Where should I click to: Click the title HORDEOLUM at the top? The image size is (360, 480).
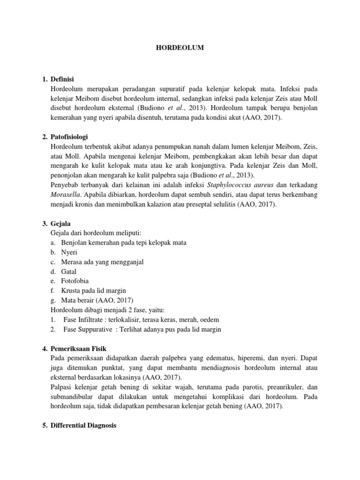pyautogui.click(x=180, y=48)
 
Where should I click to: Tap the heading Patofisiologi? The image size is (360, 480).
pyautogui.click(x=70, y=137)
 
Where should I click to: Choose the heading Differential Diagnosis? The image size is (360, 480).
pyautogui.click(x=83, y=426)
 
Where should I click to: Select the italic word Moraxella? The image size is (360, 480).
pyautogui.click(x=66, y=195)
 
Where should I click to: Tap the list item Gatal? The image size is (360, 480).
pyautogui.click(x=68, y=271)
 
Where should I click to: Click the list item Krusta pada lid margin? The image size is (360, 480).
pyautogui.click(x=93, y=291)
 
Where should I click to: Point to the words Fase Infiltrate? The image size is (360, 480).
pyautogui.click(x=84, y=320)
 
